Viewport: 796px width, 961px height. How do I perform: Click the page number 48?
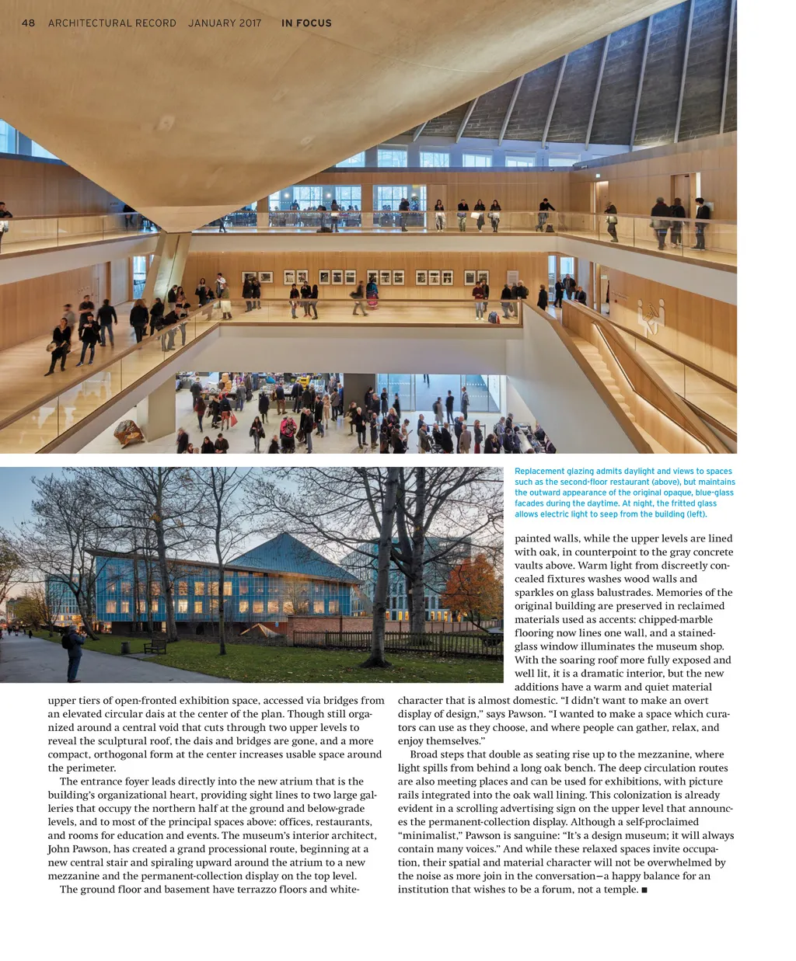coord(28,23)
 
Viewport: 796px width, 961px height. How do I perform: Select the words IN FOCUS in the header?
coord(306,23)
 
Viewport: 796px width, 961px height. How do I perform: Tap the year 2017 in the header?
coord(250,23)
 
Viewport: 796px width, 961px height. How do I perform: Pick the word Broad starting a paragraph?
coord(424,754)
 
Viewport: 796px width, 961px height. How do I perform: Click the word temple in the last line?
coord(619,890)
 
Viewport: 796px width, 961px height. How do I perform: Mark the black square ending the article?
coord(644,890)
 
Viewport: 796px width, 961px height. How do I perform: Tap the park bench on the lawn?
coord(155,644)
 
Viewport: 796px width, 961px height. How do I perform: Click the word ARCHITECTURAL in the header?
coord(112,23)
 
